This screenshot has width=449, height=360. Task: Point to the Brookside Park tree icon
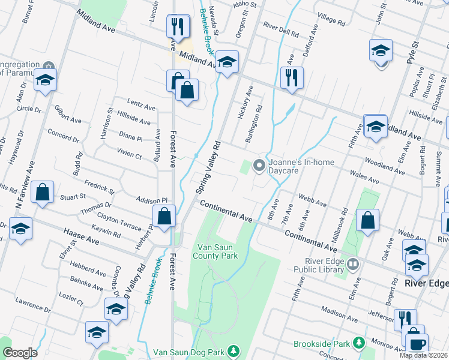[x=359, y=343]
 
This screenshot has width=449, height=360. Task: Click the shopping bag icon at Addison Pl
[x=164, y=216]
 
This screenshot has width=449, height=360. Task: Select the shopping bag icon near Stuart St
[x=42, y=193]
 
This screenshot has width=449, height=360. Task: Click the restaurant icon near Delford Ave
[x=292, y=77]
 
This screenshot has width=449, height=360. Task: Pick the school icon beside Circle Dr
[x=45, y=80]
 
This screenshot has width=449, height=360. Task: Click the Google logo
[x=20, y=353]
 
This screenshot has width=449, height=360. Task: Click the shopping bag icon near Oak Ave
[x=367, y=220]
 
